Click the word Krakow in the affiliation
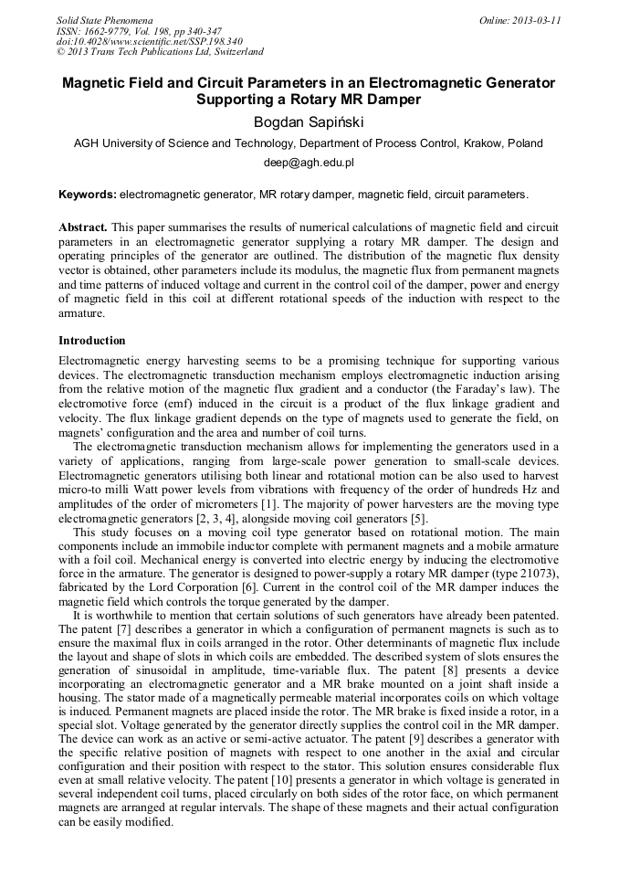(x=483, y=142)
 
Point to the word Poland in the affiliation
(x=525, y=142)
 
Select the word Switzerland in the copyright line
(x=230, y=53)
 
